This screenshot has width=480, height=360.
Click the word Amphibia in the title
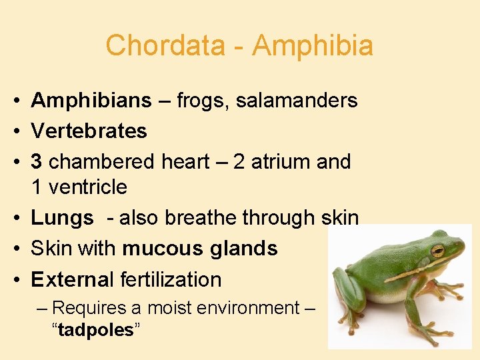click(313, 46)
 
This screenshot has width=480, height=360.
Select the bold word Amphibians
click(91, 101)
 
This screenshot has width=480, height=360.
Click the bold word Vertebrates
click(89, 131)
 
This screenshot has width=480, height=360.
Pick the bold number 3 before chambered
click(37, 161)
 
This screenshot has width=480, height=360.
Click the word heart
click(185, 161)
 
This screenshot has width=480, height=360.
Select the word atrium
click(275, 161)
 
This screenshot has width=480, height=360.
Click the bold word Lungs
click(62, 218)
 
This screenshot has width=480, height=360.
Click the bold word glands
click(243, 249)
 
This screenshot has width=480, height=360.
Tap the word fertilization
click(171, 279)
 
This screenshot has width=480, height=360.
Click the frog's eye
click(437, 251)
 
